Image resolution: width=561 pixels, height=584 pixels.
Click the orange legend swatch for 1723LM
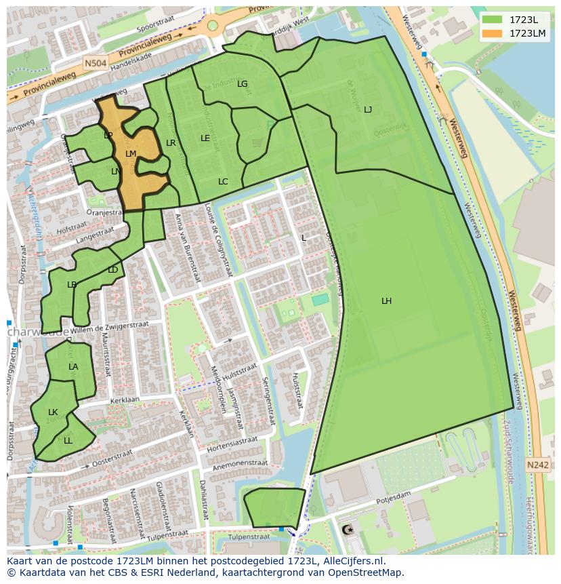pos(493,33)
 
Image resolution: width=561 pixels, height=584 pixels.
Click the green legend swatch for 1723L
pos(493,20)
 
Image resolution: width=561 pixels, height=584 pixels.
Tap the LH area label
pos(386,301)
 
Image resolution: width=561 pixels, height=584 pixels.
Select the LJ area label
pos(368,110)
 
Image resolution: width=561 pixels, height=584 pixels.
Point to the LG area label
pos(243,84)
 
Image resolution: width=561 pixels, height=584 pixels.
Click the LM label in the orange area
pos(131,154)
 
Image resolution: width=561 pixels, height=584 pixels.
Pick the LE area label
pos(205,138)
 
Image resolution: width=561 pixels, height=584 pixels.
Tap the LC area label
pos(223,182)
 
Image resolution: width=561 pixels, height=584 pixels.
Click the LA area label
pos(73,367)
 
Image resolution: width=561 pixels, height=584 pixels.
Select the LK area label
pos(53,412)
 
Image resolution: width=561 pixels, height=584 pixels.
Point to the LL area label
pos(68,440)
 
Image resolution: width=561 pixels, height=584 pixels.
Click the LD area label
pos(112,270)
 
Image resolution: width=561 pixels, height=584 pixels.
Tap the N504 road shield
pos(94,62)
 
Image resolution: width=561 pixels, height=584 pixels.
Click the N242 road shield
pos(537,465)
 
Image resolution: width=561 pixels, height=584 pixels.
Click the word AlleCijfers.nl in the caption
pos(352,561)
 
